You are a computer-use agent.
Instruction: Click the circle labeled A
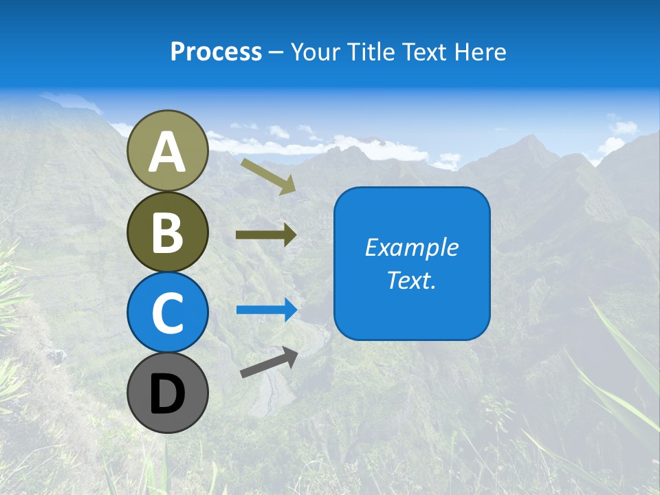point(168,151)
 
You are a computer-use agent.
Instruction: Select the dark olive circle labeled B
point(168,232)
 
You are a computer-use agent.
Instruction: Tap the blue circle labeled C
point(168,312)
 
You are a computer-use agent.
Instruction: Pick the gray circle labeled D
point(168,393)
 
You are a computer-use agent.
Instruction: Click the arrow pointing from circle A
point(268,176)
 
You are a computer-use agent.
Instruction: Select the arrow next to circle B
point(266,235)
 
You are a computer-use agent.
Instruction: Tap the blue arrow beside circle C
point(266,310)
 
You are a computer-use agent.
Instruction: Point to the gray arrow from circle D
point(269,362)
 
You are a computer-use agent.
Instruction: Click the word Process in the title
point(216,52)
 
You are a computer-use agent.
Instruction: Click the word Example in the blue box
point(411,247)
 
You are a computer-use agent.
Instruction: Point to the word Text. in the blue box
point(411,280)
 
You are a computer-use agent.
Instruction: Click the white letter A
point(168,152)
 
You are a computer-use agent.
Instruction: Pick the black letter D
point(168,394)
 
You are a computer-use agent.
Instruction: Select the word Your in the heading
point(316,52)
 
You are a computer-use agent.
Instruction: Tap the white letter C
point(168,313)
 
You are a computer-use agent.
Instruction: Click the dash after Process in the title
point(276,52)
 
